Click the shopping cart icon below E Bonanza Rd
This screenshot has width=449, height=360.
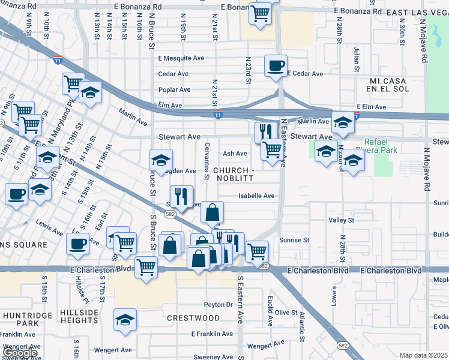tap(259, 13)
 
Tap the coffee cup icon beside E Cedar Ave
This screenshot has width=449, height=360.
tap(276, 65)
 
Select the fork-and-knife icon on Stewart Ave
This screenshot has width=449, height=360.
tap(265, 131)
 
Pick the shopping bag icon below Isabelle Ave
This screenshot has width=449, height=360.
tap(212, 212)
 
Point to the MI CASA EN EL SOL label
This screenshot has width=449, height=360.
tap(389, 85)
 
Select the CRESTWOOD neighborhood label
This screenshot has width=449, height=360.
tap(193, 317)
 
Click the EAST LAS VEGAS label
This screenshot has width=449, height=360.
tap(418, 12)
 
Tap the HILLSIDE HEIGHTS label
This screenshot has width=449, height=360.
tap(79, 317)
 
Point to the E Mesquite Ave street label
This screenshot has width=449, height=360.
tap(182, 58)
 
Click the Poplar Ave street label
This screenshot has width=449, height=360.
tap(174, 89)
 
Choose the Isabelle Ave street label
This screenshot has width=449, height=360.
tap(256, 196)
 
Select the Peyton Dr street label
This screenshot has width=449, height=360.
tap(217, 305)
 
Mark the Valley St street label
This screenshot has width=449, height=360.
tap(342, 221)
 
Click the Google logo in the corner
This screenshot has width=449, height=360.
tap(20, 353)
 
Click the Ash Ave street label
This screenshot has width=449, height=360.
tap(235, 154)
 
